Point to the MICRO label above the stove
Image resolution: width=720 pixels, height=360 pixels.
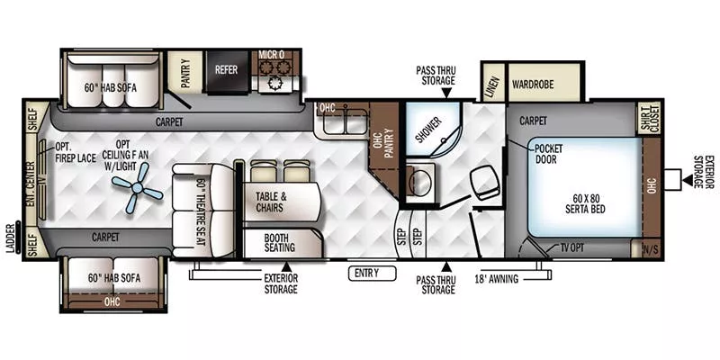[272, 55]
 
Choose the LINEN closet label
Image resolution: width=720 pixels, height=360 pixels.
[491, 85]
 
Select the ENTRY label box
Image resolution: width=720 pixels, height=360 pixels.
[366, 273]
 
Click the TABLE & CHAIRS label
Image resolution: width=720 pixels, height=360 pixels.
[271, 202]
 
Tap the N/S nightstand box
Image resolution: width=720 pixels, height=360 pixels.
[651, 247]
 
